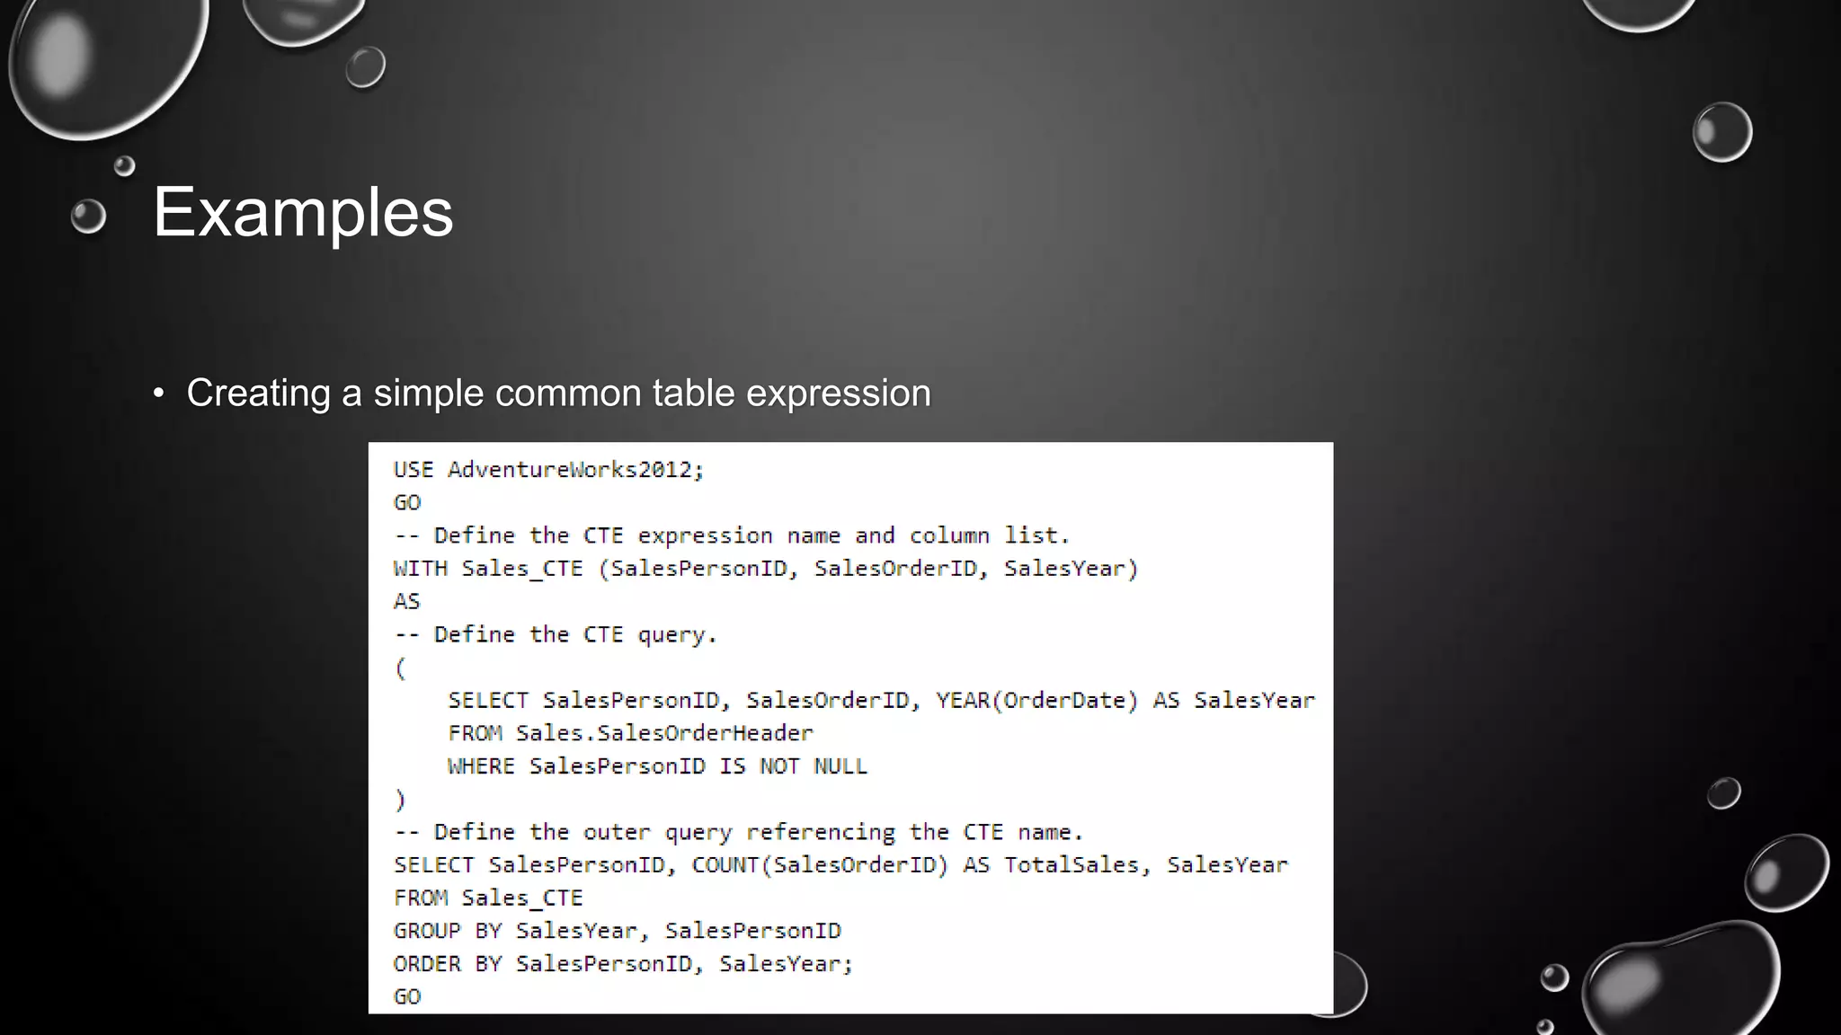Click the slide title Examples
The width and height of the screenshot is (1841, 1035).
[x=303, y=213]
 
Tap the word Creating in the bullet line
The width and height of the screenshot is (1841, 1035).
[x=258, y=393]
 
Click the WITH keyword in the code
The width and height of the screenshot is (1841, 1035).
[x=420, y=569]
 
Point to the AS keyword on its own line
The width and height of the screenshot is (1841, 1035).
[x=406, y=601]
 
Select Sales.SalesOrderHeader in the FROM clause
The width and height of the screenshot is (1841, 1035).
[x=664, y=733]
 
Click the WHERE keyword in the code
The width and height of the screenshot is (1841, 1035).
[x=481, y=766]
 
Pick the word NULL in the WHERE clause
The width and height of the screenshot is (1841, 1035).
[x=840, y=766]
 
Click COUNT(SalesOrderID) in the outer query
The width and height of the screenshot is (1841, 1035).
[x=820, y=865]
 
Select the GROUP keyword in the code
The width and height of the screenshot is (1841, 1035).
[x=427, y=931]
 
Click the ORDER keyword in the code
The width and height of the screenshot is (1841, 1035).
[x=427, y=964]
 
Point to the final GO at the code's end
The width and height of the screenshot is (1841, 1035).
[x=406, y=996]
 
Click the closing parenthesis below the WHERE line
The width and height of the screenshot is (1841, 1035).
[x=401, y=799]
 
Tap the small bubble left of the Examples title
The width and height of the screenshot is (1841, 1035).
[x=88, y=216]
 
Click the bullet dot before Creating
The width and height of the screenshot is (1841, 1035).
[x=159, y=394]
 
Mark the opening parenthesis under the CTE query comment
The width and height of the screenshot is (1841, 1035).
[x=401, y=668]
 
